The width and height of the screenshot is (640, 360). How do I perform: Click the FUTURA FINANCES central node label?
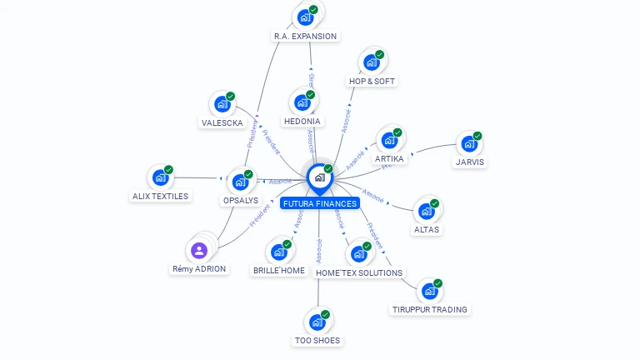[320, 203]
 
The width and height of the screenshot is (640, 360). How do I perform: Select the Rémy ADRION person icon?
[198, 250]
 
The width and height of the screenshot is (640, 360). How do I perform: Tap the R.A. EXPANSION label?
[305, 36]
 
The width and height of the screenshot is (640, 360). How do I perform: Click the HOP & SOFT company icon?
[371, 62]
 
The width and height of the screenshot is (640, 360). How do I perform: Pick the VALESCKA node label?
[222, 122]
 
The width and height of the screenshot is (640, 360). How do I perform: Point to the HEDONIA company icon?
[302, 102]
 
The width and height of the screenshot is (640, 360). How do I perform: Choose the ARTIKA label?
[389, 158]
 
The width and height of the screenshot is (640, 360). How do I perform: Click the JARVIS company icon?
[469, 143]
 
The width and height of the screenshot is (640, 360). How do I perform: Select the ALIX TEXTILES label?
[160, 196]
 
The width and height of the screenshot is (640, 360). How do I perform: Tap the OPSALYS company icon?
[240, 182]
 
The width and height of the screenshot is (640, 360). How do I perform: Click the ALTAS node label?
[426, 229]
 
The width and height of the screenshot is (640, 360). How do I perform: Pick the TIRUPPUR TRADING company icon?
[429, 291]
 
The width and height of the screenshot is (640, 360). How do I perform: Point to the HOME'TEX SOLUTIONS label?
[359, 272]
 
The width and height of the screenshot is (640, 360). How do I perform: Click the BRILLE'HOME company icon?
[278, 252]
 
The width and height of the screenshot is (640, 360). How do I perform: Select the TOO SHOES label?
[317, 340]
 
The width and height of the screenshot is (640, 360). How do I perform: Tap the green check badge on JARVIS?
[477, 136]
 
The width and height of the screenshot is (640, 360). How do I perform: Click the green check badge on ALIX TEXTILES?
[168, 170]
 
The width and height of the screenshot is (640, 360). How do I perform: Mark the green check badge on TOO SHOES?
[325, 315]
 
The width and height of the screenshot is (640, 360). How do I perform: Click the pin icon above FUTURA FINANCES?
[319, 177]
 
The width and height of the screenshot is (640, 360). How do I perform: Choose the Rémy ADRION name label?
[199, 269]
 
